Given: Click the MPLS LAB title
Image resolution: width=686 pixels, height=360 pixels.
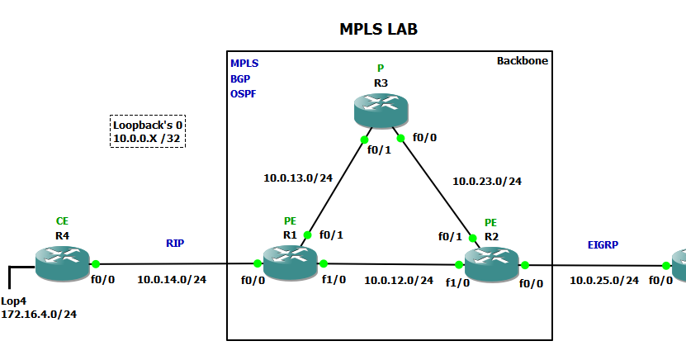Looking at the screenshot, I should coord(379,29).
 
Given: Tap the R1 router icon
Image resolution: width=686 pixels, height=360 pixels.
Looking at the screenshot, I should coord(290,263).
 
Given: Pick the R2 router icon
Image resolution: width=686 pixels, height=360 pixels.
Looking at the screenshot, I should coord(492,264).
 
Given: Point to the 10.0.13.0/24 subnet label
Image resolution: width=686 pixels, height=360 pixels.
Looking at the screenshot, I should coord(297,178).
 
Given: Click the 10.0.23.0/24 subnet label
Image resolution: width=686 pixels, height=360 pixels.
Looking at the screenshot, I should coord(487,181).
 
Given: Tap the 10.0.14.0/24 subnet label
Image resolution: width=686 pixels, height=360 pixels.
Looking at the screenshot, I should coord(172,280).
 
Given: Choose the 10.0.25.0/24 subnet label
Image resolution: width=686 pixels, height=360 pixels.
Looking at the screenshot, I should coord(604,280).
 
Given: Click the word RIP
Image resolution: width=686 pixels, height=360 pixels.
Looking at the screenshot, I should coord(175,244).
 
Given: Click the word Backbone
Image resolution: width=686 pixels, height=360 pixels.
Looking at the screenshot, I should coord(522,61).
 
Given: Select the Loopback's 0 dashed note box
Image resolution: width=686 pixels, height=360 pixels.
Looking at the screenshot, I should coord(148,131).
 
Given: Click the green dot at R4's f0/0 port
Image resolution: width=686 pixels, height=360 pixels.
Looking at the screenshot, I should coord(96,264).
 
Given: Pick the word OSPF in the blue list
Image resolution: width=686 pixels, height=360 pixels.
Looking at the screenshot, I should coord(244,93).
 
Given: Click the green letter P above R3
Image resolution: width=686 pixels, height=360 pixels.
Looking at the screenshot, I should coord(381,68).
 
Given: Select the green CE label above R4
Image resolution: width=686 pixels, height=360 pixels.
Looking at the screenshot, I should coord(62,221).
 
